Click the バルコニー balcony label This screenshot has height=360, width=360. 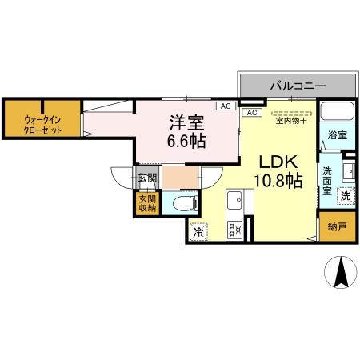tap(296, 84)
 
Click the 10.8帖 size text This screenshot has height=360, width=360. tap(278, 181)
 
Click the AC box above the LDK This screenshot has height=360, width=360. tap(252, 113)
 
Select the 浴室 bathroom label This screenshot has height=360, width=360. tap(337, 136)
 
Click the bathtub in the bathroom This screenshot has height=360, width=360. tap(336, 114)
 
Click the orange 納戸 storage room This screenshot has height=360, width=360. tap(338, 227)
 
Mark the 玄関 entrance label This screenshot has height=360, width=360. tap(147, 178)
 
